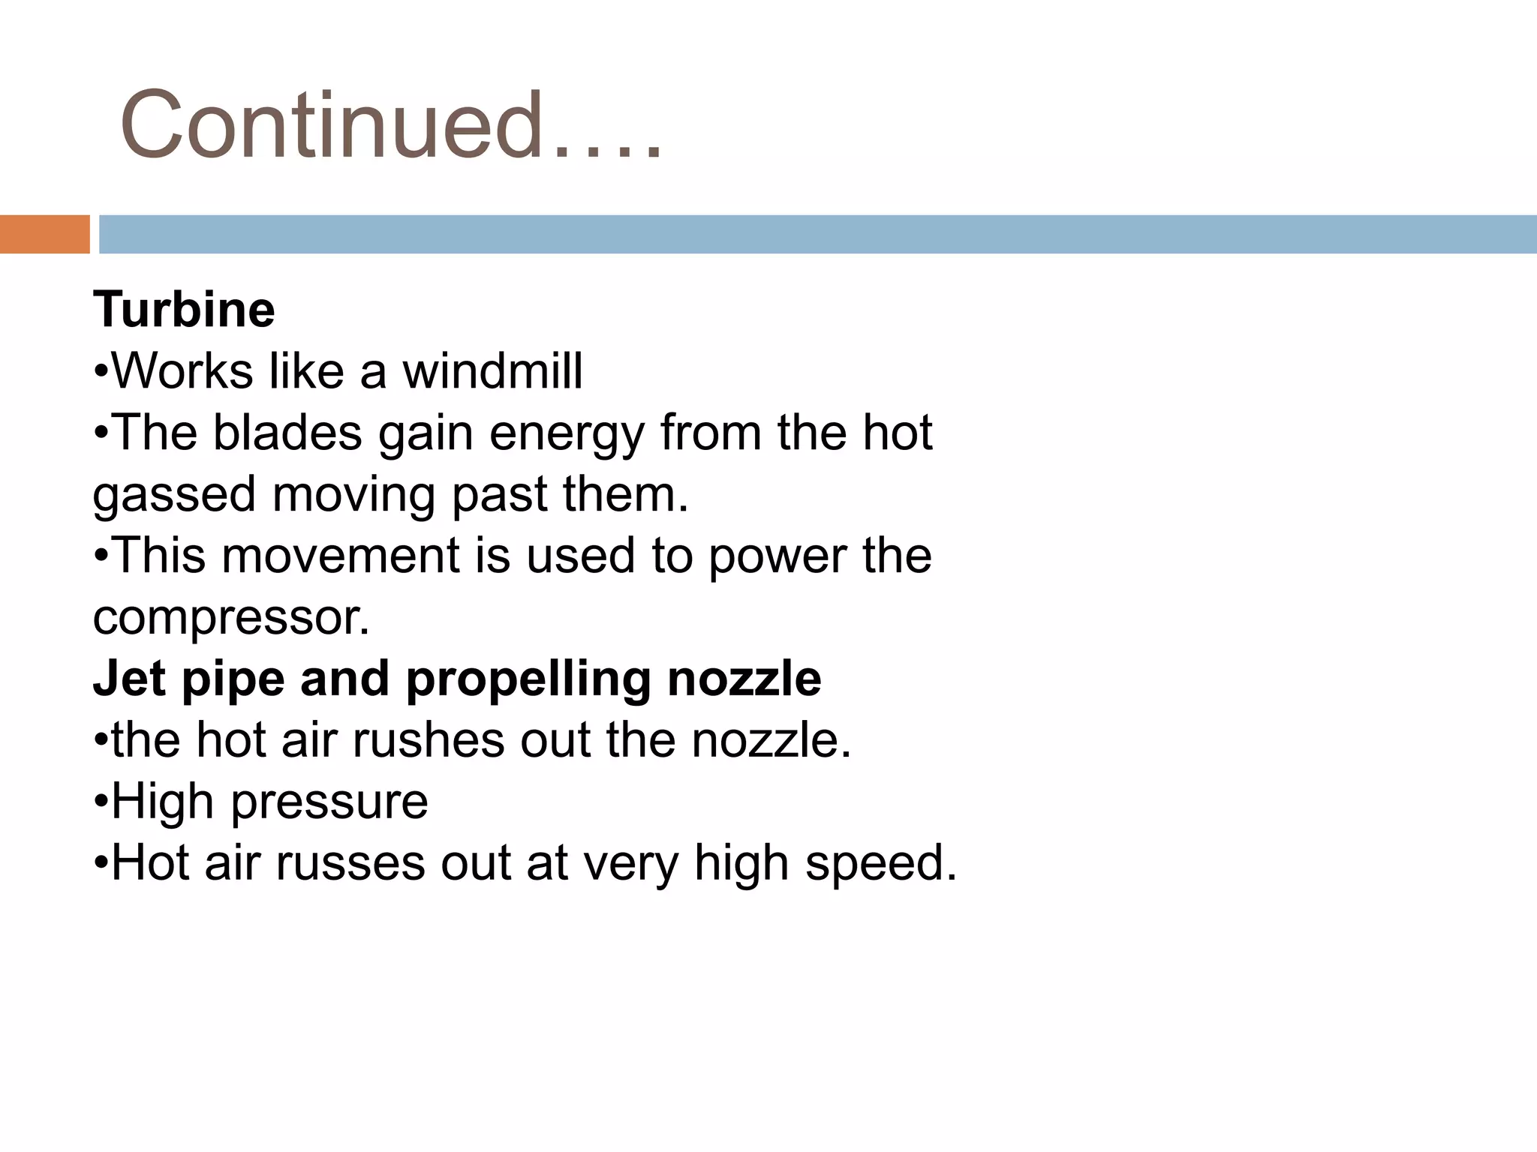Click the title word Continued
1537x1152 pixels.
pos(330,124)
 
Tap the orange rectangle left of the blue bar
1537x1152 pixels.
pos(44,234)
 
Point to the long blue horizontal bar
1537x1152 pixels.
pos(817,234)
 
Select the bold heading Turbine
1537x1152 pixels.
pos(184,309)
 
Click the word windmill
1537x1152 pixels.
pos(492,371)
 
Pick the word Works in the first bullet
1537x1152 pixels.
pos(182,371)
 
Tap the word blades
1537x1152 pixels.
pos(287,433)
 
